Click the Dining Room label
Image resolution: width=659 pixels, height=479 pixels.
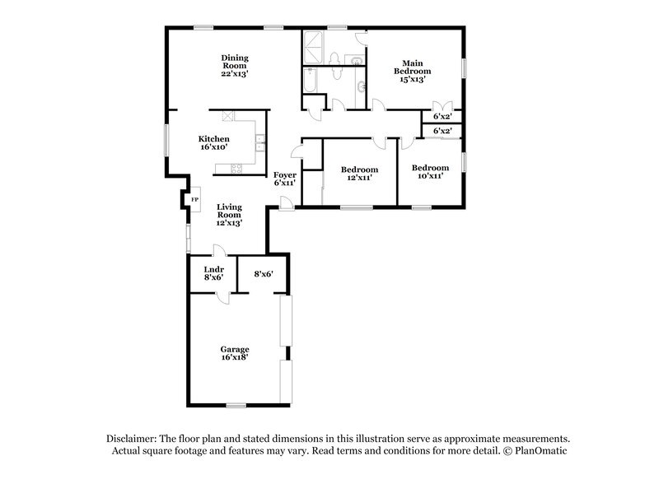click(235, 65)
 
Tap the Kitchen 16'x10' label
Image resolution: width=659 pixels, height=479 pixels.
click(213, 142)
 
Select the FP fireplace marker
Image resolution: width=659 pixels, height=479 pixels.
click(194, 199)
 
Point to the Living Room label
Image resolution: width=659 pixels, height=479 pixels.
click(229, 215)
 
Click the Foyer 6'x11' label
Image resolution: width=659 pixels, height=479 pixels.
click(285, 179)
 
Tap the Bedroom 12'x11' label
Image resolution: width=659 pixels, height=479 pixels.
click(359, 174)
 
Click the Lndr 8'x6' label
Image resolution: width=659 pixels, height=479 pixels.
click(213, 273)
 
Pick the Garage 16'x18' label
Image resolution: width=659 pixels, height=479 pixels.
click(235, 354)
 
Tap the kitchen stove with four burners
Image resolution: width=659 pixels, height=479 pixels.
click(236, 170)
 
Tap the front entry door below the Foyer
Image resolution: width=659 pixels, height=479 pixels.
click(285, 202)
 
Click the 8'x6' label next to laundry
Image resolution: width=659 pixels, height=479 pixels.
click(263, 274)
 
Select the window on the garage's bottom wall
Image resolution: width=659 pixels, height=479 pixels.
click(237, 404)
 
